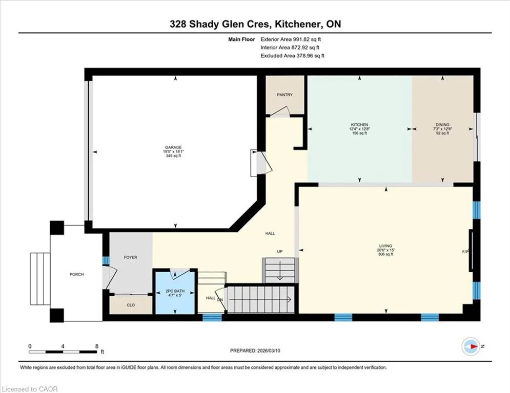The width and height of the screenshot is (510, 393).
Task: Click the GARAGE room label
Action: (x=173, y=147)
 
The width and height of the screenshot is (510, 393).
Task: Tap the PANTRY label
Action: (x=284, y=95)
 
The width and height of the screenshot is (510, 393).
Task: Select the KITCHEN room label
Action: (x=359, y=125)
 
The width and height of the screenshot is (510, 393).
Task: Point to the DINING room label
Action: (x=442, y=125)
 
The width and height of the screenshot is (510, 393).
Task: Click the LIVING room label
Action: (x=385, y=246)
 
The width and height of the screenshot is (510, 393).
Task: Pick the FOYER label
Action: (x=130, y=257)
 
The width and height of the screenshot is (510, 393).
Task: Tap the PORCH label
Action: (x=77, y=274)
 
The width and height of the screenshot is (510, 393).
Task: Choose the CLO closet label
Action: (x=130, y=305)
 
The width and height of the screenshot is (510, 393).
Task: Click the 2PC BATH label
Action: (x=175, y=291)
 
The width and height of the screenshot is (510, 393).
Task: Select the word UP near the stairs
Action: (x=280, y=251)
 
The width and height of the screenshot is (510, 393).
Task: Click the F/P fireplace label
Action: (x=465, y=252)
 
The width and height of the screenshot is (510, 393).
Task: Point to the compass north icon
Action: (x=471, y=346)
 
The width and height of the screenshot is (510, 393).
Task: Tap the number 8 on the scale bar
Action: (x=96, y=346)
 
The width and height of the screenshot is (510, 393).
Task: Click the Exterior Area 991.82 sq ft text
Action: (x=291, y=39)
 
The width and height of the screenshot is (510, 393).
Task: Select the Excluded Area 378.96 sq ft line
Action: (x=292, y=56)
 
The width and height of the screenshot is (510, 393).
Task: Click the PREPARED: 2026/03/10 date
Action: (x=255, y=351)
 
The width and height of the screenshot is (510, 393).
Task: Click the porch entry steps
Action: (x=40, y=279)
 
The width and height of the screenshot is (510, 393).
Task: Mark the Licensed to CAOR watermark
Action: (x=30, y=389)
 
